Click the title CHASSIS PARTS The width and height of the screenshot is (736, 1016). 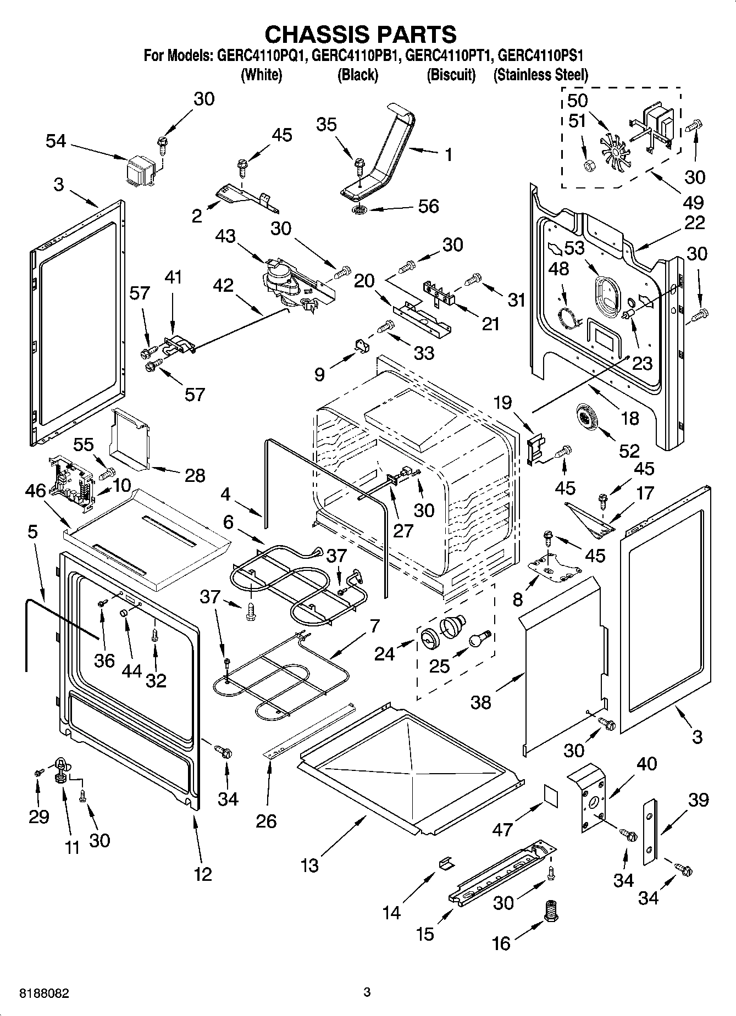(361, 34)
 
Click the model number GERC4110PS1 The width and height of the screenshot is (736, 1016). (541, 55)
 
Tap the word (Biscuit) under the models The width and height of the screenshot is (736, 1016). (451, 75)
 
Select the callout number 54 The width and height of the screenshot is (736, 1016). (56, 142)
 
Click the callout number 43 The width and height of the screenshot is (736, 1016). (225, 237)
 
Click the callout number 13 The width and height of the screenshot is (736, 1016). (309, 865)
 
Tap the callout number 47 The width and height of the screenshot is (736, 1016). (502, 829)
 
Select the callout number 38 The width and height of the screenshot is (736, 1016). (481, 703)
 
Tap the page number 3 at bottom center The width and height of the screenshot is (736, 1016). (367, 992)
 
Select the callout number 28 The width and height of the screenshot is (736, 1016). (195, 475)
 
